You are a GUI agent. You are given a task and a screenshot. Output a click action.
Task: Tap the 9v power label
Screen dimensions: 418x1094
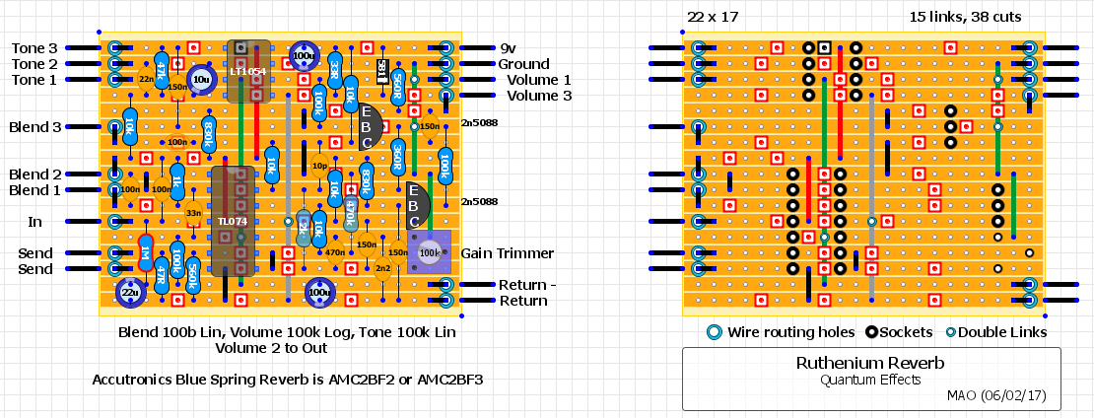[509, 48]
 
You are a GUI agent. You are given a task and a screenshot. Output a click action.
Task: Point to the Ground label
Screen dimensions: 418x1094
[523, 64]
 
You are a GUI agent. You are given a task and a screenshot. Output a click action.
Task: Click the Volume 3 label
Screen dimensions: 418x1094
[538, 96]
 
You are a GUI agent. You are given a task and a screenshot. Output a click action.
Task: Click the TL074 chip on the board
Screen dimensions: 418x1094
[233, 221]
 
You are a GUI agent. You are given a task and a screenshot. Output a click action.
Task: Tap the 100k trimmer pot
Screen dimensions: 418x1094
[429, 253]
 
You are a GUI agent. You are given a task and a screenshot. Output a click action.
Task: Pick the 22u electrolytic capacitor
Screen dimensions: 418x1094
[130, 291]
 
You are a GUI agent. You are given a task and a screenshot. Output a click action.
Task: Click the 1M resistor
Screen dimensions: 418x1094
[146, 253]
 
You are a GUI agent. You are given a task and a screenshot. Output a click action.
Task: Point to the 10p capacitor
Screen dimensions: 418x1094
[319, 166]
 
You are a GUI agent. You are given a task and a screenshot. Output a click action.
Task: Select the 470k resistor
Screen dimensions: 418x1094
[350, 212]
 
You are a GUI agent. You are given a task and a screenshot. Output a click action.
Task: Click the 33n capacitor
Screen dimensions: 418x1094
[193, 213]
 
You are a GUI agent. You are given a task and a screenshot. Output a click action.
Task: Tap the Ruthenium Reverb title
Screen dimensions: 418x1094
[870, 363]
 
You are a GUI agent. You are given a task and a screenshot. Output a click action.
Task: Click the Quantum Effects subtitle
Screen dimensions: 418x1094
[870, 379]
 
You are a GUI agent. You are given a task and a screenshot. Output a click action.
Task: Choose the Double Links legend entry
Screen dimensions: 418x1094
[1001, 332]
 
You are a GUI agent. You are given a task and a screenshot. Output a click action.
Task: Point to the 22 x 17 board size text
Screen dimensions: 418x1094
[713, 17]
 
